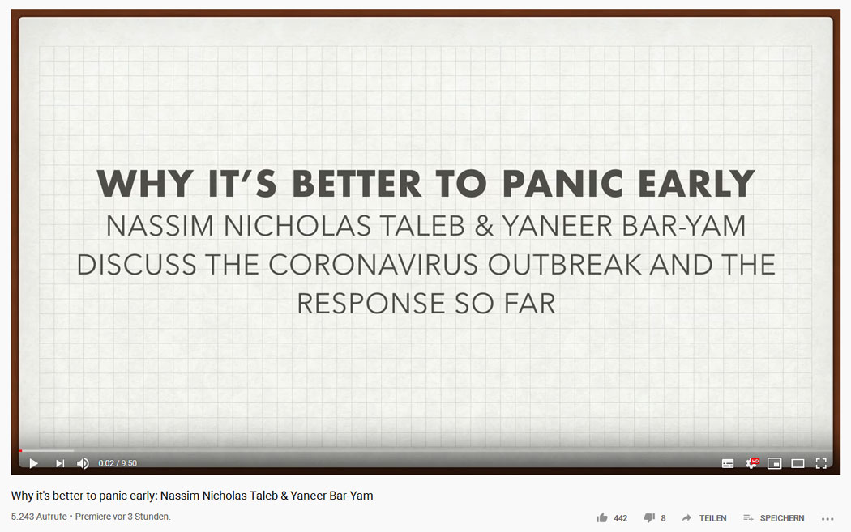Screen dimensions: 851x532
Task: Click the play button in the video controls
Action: (34, 463)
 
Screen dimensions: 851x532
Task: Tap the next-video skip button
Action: (60, 463)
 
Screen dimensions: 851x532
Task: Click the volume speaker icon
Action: (83, 463)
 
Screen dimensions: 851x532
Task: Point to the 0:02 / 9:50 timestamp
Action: (118, 463)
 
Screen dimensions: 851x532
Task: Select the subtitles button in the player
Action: (728, 463)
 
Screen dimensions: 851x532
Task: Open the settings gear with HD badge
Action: (751, 463)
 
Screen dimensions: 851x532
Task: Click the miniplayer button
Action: (775, 463)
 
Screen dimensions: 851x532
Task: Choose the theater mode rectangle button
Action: (798, 463)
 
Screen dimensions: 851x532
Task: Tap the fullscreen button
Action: (821, 463)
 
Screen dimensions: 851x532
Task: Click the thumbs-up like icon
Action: (602, 518)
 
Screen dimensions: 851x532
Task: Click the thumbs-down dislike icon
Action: (649, 518)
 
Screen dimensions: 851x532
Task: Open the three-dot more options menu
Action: (827, 519)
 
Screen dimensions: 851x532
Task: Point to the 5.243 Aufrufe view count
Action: (39, 517)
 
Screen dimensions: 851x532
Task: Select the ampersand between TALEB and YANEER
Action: (484, 226)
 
